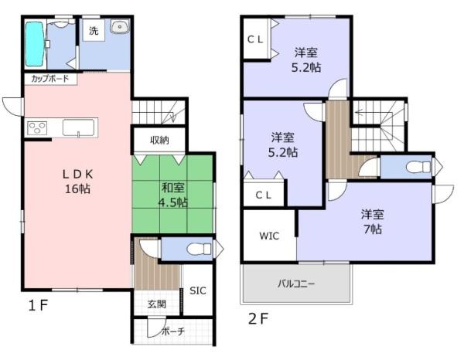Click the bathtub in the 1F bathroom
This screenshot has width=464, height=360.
point(34,45)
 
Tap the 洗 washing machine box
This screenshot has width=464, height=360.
point(93,31)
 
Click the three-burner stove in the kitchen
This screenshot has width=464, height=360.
point(37,127)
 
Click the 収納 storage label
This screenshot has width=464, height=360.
point(159,140)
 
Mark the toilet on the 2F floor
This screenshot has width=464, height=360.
point(416,166)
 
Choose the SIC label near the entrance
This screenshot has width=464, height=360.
point(197,291)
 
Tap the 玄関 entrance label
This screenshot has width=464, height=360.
point(157,304)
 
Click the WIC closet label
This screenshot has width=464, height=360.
point(270,233)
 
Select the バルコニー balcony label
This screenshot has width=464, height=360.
point(296,284)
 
